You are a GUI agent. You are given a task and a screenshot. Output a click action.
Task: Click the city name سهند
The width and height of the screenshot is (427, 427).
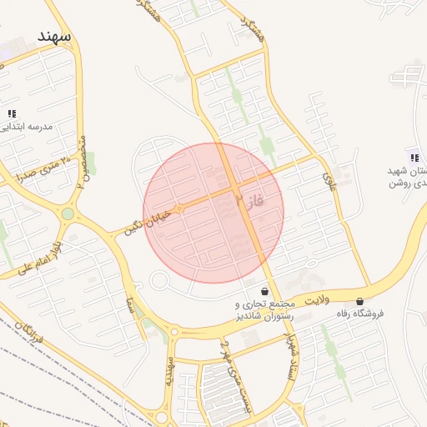(x=54, y=37)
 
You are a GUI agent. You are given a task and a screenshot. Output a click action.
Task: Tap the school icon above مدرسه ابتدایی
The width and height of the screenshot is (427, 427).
(x=12, y=113)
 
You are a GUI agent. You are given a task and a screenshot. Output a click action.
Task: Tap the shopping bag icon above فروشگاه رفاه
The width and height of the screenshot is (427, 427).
(x=359, y=301)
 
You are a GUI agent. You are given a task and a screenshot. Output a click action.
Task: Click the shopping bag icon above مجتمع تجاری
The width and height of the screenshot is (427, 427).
(x=265, y=292)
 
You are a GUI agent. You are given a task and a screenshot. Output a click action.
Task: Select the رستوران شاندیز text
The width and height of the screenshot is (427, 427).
(x=260, y=317)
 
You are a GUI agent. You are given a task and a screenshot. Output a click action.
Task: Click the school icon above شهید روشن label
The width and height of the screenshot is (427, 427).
(x=414, y=158)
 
